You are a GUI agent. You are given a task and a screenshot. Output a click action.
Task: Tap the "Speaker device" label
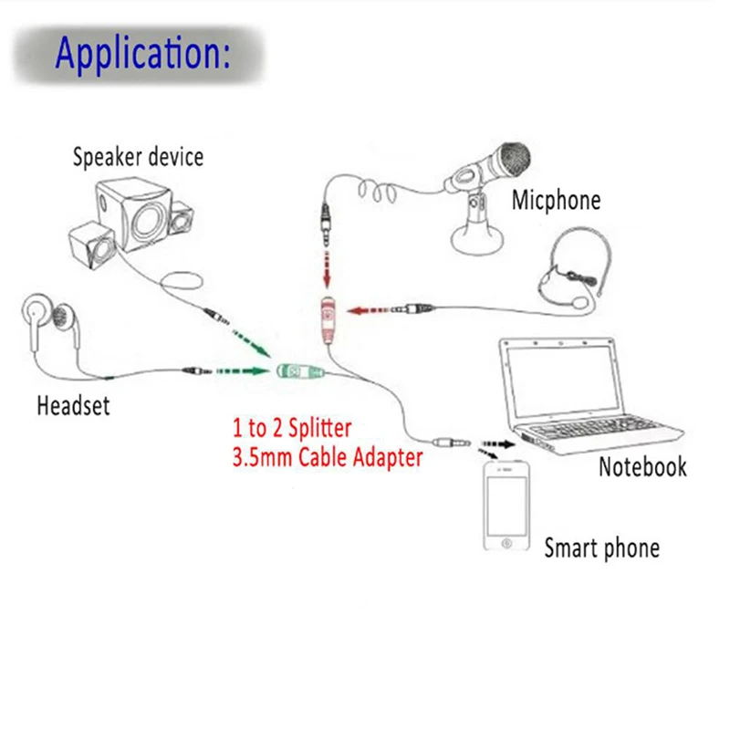pos(138,157)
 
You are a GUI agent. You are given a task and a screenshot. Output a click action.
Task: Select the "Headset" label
pos(73,405)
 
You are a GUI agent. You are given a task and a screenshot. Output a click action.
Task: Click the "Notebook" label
pos(642,467)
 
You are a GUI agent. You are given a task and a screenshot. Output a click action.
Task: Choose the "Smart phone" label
pos(601,548)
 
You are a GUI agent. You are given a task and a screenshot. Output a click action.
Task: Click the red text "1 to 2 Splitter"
pos(292,427)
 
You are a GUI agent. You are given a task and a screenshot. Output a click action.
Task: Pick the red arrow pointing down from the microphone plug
pos(328,270)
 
